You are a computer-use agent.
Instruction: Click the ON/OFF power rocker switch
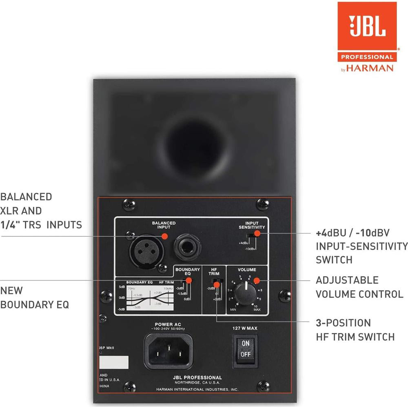pyautogui.click(x=245, y=349)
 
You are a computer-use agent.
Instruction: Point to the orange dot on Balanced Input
pyautogui.click(x=165, y=236)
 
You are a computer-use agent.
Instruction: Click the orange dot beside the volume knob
pyautogui.click(x=257, y=280)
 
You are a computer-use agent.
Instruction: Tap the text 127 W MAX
pyautogui.click(x=245, y=328)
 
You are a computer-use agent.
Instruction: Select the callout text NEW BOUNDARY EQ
pyautogui.click(x=34, y=298)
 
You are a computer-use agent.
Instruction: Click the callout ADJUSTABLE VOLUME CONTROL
pyautogui.click(x=359, y=287)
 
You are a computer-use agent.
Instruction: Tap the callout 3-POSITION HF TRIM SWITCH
pyautogui.click(x=355, y=330)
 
